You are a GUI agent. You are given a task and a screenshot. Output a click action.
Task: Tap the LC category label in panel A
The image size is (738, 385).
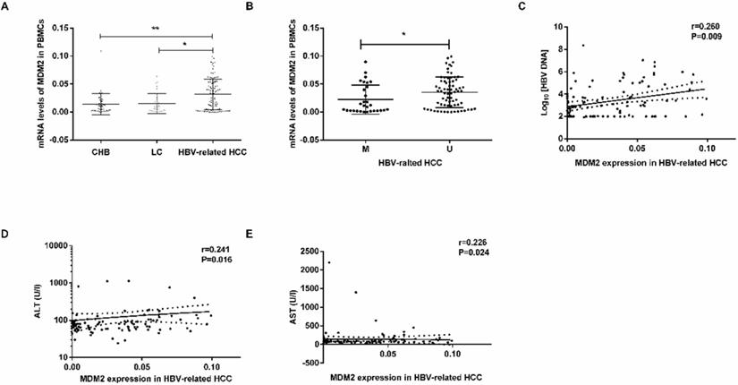tap(157, 149)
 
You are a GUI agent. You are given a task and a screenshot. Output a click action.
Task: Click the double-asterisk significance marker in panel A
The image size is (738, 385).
tap(155, 30)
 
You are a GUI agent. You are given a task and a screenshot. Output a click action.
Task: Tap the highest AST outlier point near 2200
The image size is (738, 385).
tap(329, 262)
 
